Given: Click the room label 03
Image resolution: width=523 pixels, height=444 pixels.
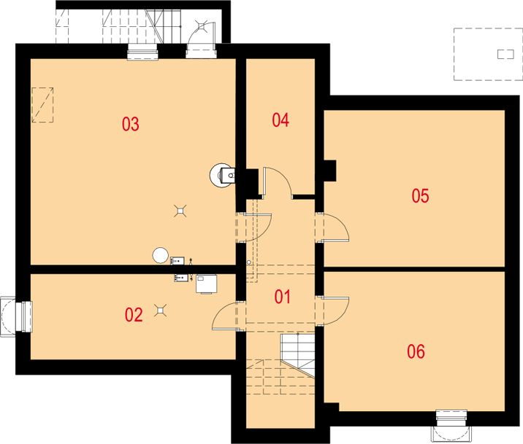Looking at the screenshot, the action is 131,124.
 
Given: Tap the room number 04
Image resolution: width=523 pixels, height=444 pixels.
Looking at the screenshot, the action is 280,120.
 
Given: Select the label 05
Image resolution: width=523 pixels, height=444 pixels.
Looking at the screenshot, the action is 420,195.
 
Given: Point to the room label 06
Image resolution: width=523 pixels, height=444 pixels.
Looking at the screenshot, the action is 416,351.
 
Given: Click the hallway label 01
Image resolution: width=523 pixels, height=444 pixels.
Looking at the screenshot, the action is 283,297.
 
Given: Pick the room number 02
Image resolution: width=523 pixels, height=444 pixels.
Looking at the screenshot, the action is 134,315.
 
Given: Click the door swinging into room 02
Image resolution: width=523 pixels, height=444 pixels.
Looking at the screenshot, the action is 226,316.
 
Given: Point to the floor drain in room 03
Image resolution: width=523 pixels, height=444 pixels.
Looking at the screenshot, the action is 180,211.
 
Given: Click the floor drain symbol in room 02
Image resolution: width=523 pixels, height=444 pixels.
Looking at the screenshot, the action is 161,310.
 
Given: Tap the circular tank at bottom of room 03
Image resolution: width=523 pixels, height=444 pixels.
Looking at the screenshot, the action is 160,256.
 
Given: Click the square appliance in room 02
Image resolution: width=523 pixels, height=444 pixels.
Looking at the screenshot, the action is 206,284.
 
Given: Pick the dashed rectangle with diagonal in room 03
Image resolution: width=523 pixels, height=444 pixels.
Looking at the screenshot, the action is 42,105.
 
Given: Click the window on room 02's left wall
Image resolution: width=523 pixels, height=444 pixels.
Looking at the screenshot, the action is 17,317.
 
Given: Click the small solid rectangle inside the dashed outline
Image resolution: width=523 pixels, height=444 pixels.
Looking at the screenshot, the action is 505,54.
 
